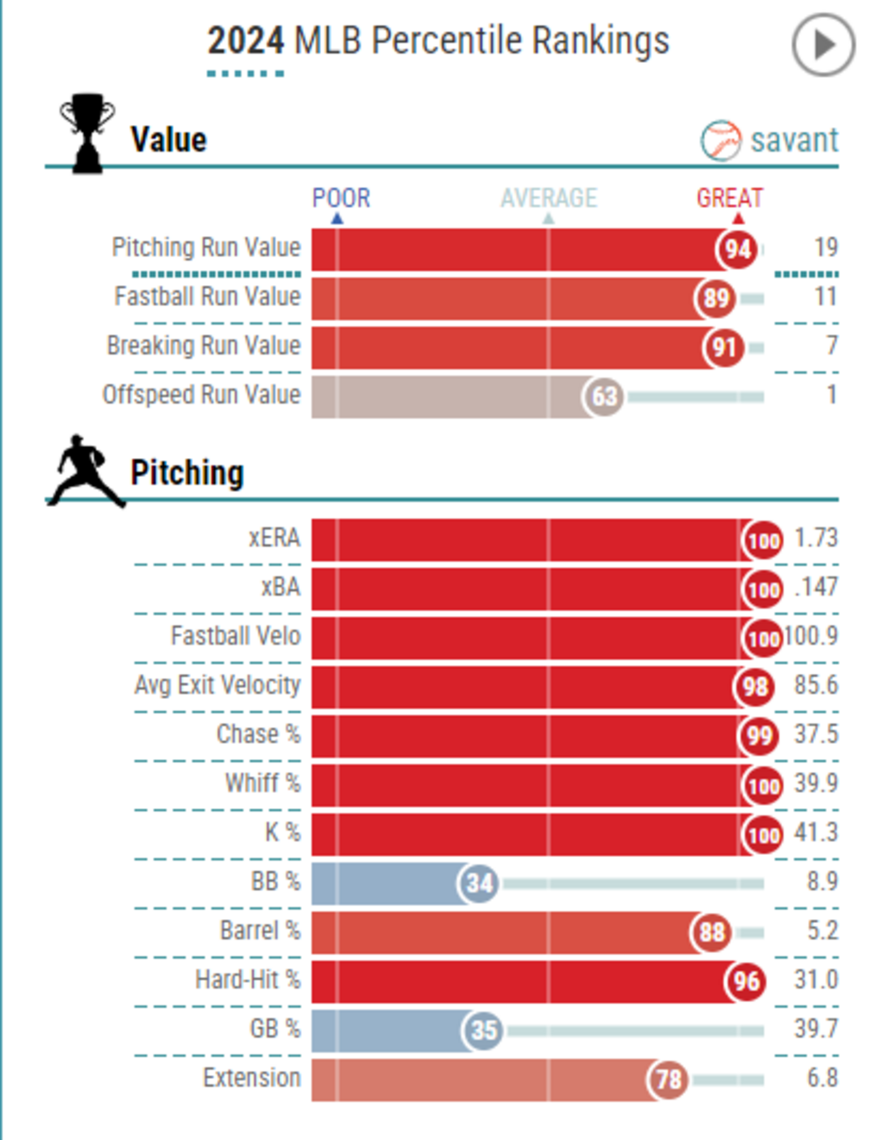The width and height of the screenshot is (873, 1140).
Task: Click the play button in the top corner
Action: point(823,45)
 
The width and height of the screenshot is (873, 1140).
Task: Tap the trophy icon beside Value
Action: point(88,133)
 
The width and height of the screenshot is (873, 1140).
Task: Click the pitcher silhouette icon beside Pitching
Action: point(85,471)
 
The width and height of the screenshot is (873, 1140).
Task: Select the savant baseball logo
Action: point(720,140)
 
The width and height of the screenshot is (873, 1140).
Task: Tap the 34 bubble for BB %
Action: point(478,883)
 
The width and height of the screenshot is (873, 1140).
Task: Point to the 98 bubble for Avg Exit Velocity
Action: point(754,687)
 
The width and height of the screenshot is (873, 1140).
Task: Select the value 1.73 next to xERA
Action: point(816,538)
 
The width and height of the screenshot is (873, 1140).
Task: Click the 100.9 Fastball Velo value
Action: point(811,636)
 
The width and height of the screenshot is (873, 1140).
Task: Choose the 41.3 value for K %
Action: point(816,832)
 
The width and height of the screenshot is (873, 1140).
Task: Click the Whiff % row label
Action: point(263,783)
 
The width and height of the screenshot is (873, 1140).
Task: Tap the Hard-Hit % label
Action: point(248,979)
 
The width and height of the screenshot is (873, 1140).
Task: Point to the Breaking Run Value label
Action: point(204,345)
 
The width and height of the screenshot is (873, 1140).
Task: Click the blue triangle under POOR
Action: point(337,219)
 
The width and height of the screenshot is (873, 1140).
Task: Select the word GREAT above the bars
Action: point(729,198)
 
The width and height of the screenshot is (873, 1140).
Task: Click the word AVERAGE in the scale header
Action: point(549,198)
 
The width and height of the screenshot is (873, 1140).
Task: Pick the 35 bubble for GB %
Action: point(483,1030)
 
